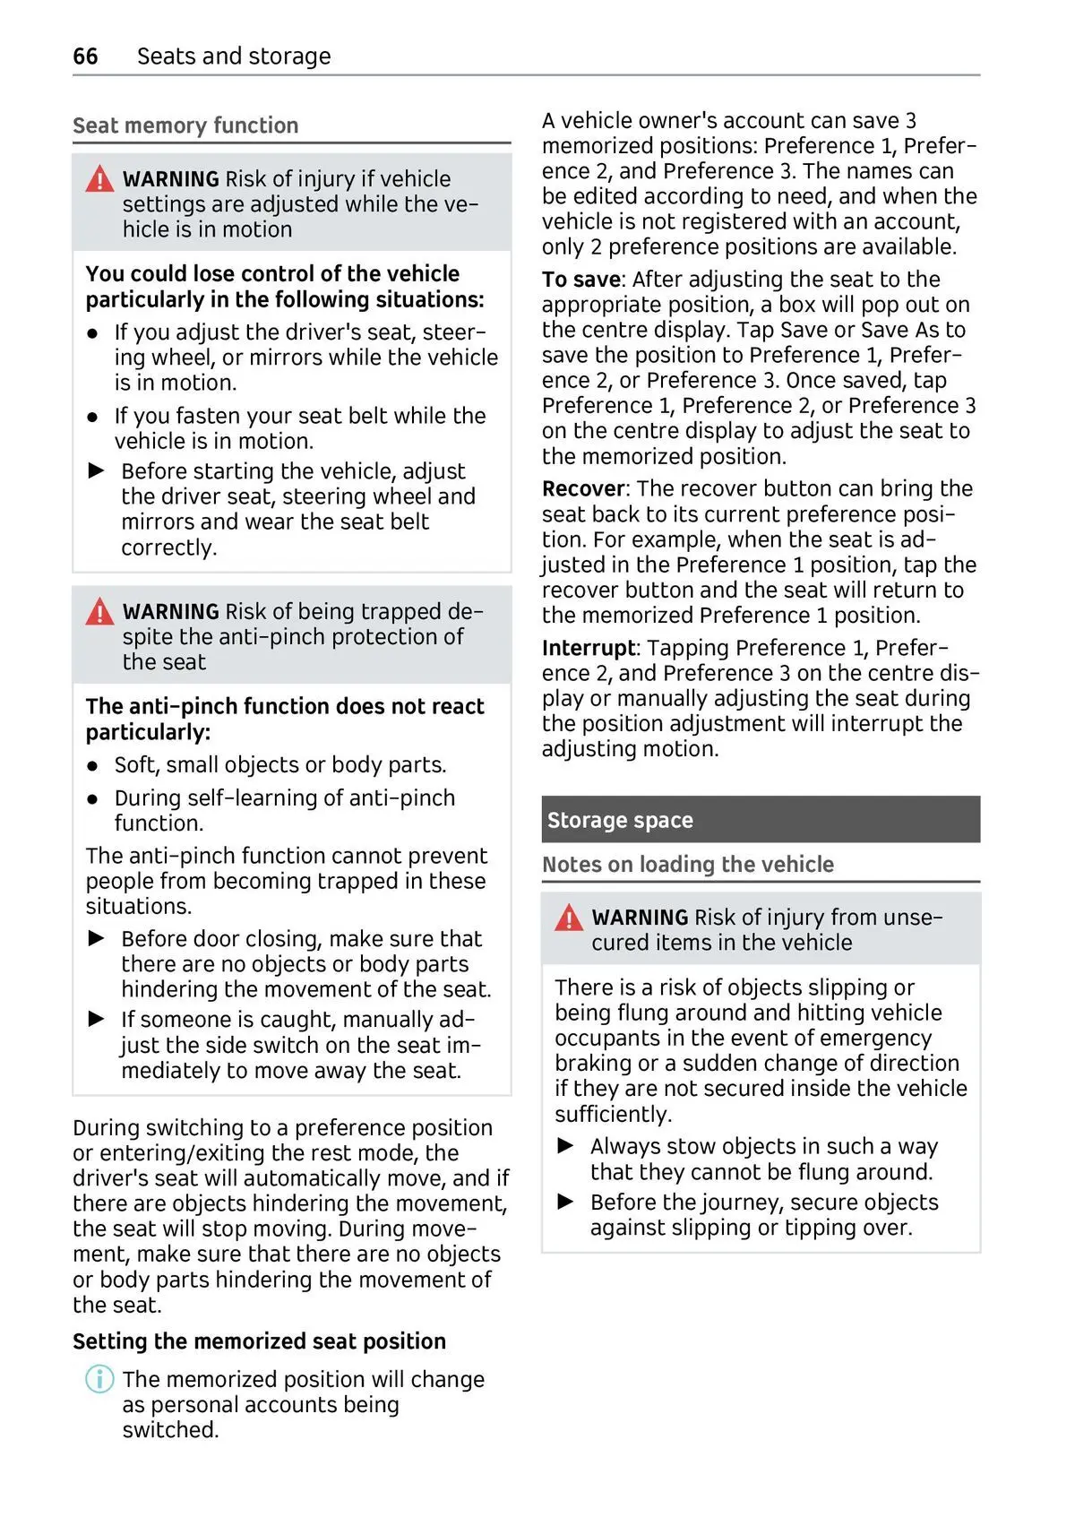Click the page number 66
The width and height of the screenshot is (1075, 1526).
pyautogui.click(x=85, y=56)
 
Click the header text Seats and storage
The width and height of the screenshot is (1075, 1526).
pyautogui.click(x=234, y=56)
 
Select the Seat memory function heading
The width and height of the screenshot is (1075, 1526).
pyautogui.click(x=185, y=125)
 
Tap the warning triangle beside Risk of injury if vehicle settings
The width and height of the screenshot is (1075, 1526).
pyautogui.click(x=99, y=179)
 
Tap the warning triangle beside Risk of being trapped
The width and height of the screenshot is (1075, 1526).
pyautogui.click(x=99, y=612)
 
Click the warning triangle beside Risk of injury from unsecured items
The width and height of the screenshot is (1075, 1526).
pyautogui.click(x=569, y=918)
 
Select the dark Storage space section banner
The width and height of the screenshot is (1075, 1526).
pyautogui.click(x=760, y=820)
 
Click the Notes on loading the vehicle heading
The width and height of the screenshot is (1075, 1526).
pyautogui.click(x=687, y=865)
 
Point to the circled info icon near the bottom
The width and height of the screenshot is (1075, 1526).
pyautogui.click(x=99, y=1379)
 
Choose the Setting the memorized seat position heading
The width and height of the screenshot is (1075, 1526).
pyautogui.click(x=259, y=1341)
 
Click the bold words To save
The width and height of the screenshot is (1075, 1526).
pyautogui.click(x=580, y=280)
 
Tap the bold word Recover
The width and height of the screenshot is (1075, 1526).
pyautogui.click(x=582, y=489)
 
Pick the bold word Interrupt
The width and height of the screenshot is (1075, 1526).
pyautogui.click(x=588, y=648)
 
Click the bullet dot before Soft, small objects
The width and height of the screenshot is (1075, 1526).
pyautogui.click(x=92, y=767)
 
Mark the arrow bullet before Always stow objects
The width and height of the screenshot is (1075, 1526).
pyautogui.click(x=565, y=1146)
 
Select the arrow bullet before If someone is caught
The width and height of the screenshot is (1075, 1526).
pyautogui.click(x=97, y=1019)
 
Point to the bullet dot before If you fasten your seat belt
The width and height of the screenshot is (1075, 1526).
pyautogui.click(x=92, y=418)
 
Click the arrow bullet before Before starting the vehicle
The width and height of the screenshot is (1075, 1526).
pyautogui.click(x=97, y=470)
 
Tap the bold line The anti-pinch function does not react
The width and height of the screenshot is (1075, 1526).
pyautogui.click(x=285, y=707)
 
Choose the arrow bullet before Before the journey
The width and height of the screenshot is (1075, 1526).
pyautogui.click(x=565, y=1202)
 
